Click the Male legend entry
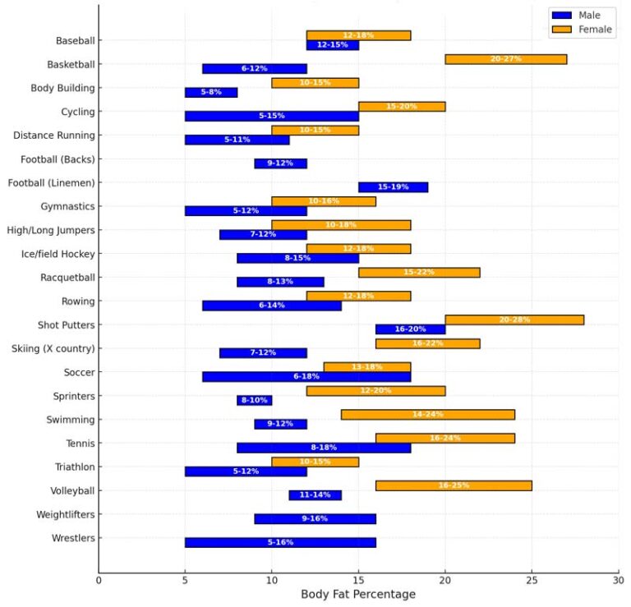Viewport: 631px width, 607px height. (581, 15)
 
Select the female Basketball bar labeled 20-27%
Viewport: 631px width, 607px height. (505, 59)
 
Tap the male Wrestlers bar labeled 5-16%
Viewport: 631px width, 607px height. (280, 543)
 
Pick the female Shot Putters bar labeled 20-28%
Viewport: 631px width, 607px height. (514, 320)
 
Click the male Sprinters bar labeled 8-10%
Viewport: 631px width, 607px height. (254, 401)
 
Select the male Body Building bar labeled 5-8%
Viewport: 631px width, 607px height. (211, 93)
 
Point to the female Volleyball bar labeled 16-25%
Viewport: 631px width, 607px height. (454, 485)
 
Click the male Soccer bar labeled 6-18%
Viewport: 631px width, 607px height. (306, 377)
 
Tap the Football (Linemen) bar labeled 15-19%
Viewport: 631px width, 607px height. (393, 187)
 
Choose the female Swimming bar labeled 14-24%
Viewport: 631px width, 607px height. (427, 415)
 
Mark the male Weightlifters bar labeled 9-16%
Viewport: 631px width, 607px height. (315, 519)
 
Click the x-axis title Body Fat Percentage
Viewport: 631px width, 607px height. (358, 594)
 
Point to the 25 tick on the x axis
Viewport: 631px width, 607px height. (532, 579)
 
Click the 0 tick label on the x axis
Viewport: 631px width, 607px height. (99, 579)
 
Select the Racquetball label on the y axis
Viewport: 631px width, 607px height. (67, 278)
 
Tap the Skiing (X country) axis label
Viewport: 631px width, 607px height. (53, 348)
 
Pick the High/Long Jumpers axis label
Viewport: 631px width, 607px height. (51, 230)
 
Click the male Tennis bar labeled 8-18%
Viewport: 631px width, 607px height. (324, 448)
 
